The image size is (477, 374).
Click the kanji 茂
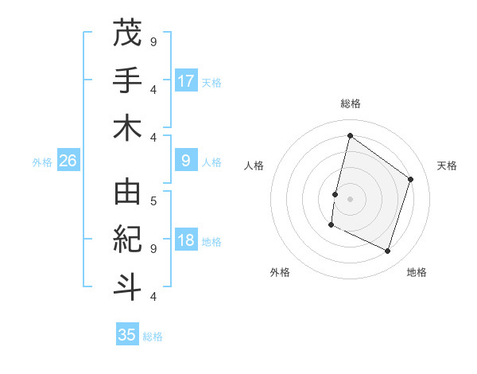tap(127, 34)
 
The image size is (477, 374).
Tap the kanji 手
tap(127, 80)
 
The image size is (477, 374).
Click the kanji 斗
tap(127, 285)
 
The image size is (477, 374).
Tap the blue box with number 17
tap(186, 80)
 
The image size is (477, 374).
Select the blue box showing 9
tap(186, 161)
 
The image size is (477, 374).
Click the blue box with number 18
tap(186, 241)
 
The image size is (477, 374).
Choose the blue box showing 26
tap(68, 161)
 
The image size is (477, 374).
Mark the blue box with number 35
tap(127, 335)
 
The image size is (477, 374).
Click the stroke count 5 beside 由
tap(153, 201)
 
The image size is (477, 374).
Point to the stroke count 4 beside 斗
tap(153, 297)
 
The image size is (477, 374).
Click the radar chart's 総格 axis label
tap(350, 103)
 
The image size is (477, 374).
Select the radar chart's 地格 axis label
tap(417, 272)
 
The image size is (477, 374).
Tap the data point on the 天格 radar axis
tap(411, 179)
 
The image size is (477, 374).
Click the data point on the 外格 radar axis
tap(331, 225)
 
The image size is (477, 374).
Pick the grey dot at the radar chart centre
tap(350, 198)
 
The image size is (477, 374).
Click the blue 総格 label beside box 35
tap(153, 337)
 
